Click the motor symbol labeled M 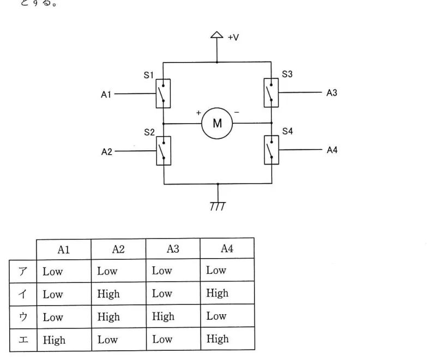coord(217,123)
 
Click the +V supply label coord(233,38)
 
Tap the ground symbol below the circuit coord(218,206)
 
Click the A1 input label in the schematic coord(106,95)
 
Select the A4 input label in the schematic coord(332,150)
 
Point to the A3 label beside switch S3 coord(332,93)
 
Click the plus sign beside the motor coord(198,113)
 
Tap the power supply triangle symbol coord(216,35)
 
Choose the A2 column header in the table coord(118,249)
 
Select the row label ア coord(23,271)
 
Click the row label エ coord(23,339)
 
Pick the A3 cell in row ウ coord(164,316)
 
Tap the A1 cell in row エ coord(55,340)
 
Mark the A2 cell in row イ coord(108,294)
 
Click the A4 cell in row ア coord(216,270)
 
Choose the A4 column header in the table coord(227,248)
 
